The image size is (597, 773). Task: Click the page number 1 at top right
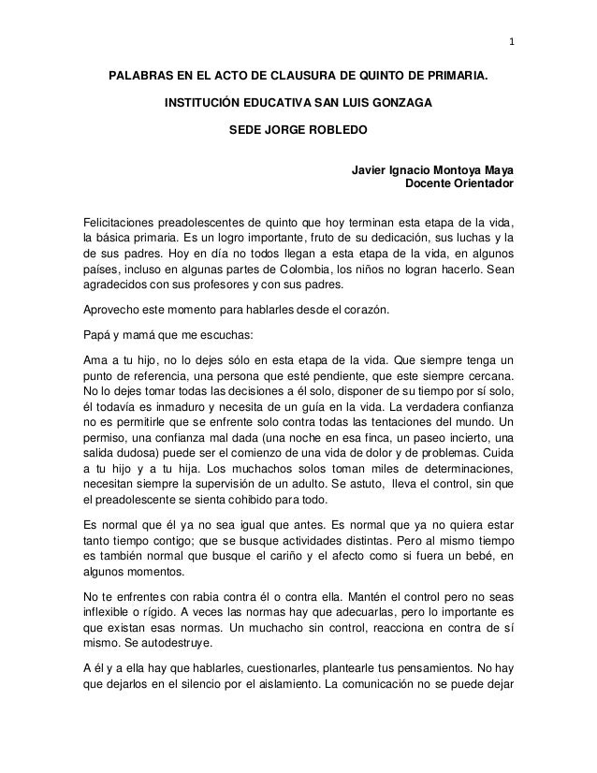(x=511, y=40)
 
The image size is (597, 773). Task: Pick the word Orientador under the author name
(x=483, y=185)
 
